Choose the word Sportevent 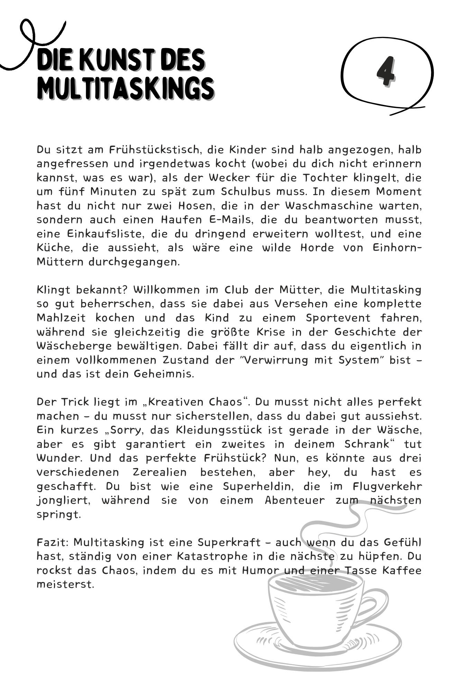click(x=338, y=318)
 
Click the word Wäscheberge click(x=74, y=346)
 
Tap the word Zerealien click(x=159, y=472)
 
